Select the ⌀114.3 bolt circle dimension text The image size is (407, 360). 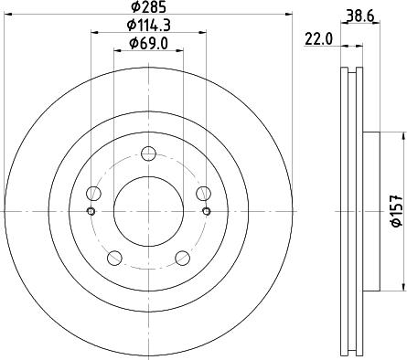click(x=147, y=29)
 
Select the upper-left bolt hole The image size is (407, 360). click(x=92, y=193)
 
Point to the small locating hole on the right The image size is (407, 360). click(x=206, y=213)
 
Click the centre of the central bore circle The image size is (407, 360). click(x=147, y=210)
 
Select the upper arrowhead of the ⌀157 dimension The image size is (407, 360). click(x=400, y=135)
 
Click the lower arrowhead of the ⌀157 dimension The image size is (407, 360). click(x=400, y=285)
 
